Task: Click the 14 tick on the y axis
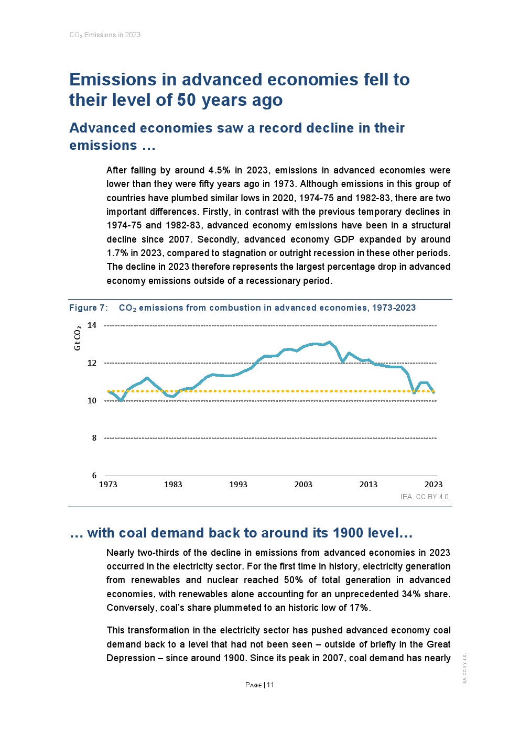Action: coord(92,325)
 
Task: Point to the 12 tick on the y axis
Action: coord(92,363)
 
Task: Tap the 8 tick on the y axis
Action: coord(94,438)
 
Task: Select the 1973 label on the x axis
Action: coord(108,485)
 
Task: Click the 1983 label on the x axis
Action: coord(173,485)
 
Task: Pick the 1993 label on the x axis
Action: coord(238,485)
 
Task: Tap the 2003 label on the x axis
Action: coord(304,485)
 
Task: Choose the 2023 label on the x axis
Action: coord(434,485)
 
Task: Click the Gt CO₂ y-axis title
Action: coord(78,338)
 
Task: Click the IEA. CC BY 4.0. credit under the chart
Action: coord(425,497)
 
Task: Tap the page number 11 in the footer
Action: coord(270,685)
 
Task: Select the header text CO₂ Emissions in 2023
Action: coord(105,35)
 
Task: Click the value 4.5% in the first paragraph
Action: coord(219,170)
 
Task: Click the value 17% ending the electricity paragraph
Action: coord(359,608)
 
